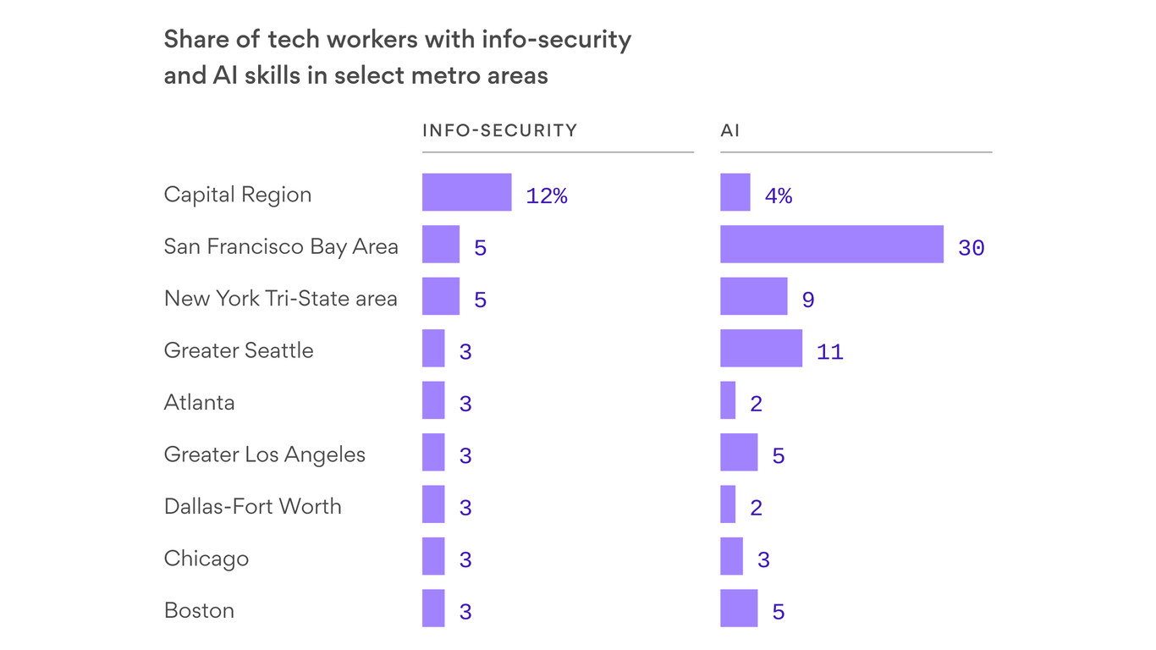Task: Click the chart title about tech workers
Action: (x=397, y=58)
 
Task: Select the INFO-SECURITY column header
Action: (x=499, y=130)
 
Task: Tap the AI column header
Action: (x=729, y=130)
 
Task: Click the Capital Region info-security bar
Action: (x=466, y=192)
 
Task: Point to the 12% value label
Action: (x=546, y=196)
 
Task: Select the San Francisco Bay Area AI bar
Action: (x=831, y=245)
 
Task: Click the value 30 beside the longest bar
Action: (x=971, y=248)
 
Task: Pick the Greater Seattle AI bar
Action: (x=761, y=349)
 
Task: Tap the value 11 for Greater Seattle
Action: (x=829, y=352)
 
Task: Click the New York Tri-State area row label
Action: (x=280, y=299)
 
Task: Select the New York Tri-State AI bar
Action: (x=753, y=296)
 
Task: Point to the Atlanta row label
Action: (x=199, y=402)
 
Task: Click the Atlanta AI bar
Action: (x=728, y=400)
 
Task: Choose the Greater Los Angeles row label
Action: (x=264, y=454)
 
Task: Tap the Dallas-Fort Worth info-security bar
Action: (x=433, y=504)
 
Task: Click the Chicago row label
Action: (x=206, y=559)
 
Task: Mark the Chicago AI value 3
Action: (x=763, y=560)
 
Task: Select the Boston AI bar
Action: (x=739, y=609)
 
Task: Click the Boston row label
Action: (x=199, y=610)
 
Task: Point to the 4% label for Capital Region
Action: (x=778, y=196)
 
